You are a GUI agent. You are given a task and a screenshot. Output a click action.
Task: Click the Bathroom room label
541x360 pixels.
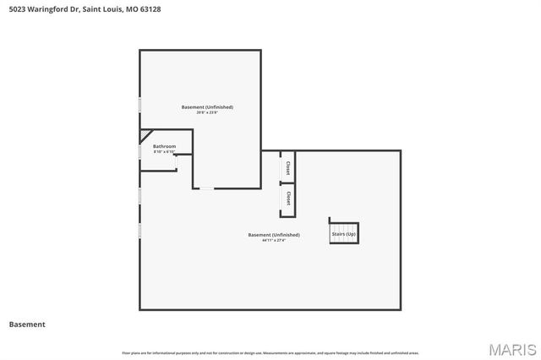coord(164,146)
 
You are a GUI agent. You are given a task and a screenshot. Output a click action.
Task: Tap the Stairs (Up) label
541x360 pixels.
coord(344,233)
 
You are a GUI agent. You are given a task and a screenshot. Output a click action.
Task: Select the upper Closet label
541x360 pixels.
coord(288,167)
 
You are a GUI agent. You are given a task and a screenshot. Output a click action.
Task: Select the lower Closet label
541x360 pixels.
coord(288,198)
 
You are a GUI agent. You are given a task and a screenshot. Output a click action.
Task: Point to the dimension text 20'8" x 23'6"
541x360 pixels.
coord(207,113)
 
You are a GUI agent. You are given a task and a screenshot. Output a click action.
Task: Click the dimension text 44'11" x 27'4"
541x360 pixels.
coord(273,241)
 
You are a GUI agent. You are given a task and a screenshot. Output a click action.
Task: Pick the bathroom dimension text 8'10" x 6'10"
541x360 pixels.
coord(164,152)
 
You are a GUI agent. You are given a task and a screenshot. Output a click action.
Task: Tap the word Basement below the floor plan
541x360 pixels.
coord(27,324)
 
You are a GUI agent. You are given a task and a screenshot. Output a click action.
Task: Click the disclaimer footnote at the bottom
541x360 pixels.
coord(270,352)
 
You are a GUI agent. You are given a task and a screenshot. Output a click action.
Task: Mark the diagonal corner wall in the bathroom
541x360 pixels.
coord(146,135)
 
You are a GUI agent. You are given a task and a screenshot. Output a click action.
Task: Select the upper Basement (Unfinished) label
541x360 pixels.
coord(207,107)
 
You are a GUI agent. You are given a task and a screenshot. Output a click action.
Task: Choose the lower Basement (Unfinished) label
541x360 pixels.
coord(273,235)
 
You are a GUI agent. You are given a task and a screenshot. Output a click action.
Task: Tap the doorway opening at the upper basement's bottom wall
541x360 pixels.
coord(206,188)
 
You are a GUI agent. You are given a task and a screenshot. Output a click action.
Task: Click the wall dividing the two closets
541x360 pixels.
coord(288,183)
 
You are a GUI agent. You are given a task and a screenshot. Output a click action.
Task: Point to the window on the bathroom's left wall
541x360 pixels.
coord(139,151)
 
